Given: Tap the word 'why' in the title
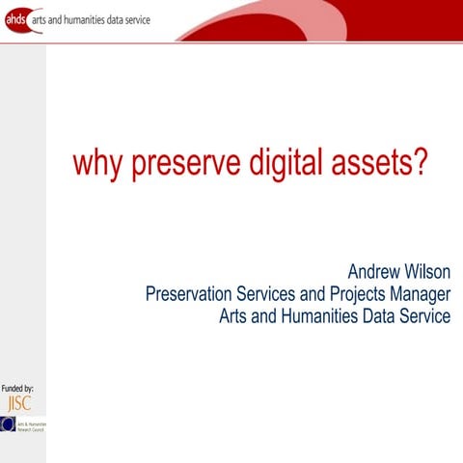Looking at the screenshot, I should click(94, 163).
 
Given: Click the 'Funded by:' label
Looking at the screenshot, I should click(17, 388).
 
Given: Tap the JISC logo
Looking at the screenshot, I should click(18, 403).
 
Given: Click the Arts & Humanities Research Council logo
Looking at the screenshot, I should click(22, 424).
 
